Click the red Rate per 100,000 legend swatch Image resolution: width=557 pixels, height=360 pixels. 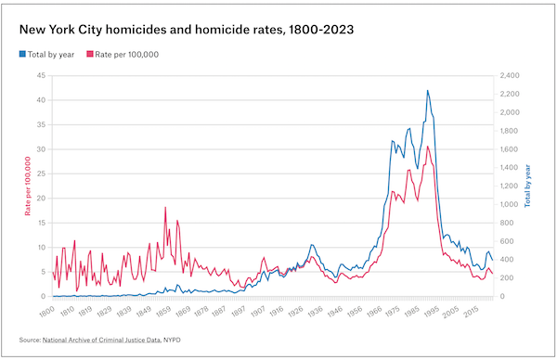pos(90,54)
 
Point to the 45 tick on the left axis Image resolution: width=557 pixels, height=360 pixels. pos(41,74)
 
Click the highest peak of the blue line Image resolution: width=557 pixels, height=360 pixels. pos(427,90)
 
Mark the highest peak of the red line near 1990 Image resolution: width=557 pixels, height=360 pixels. pos(428,146)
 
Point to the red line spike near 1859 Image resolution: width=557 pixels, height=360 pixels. pos(165,207)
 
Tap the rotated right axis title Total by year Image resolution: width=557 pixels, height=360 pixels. pos(528,186)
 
